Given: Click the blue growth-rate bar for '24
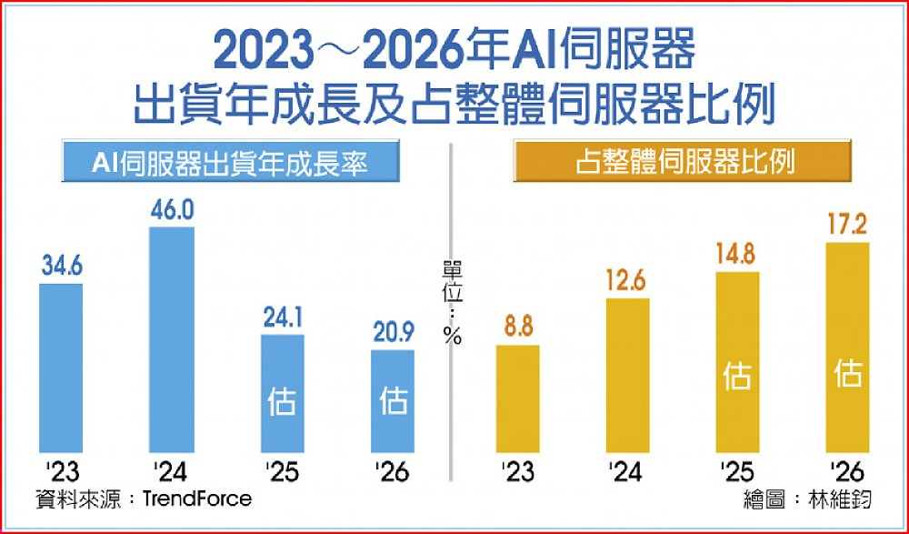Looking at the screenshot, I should (x=172, y=339).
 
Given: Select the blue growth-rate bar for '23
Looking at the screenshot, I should (x=61, y=368).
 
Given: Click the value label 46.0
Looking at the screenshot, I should (x=172, y=210).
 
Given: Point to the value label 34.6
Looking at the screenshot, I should (x=61, y=267).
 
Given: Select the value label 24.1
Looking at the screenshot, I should (x=282, y=319).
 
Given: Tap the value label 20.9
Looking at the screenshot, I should (x=393, y=334).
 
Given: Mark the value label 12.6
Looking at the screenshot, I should (x=627, y=282).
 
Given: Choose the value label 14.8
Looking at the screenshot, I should (x=737, y=256).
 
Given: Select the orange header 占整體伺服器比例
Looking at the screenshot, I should (x=684, y=163).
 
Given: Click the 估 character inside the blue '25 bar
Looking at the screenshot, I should (x=282, y=401).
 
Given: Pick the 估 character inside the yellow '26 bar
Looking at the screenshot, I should (x=847, y=372).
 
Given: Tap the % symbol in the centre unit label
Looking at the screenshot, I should (x=452, y=336).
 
